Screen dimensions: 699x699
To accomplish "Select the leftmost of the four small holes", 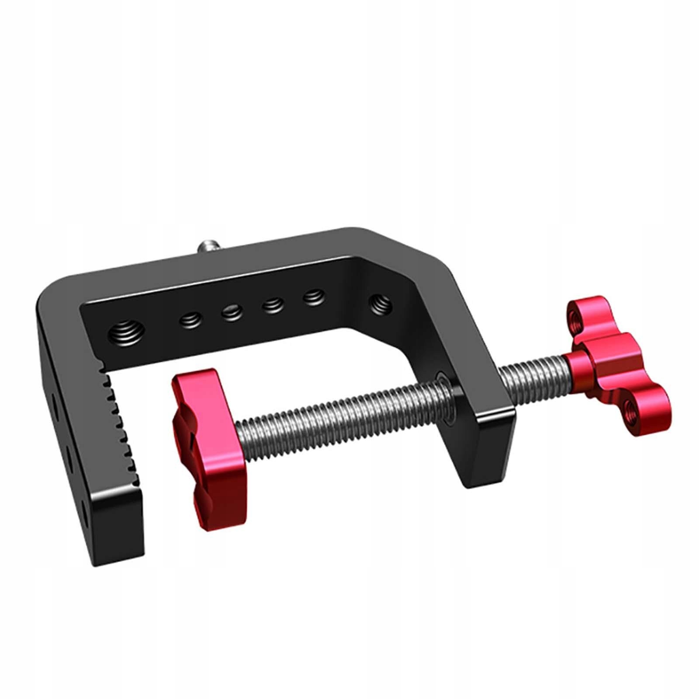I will (x=190, y=321).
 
